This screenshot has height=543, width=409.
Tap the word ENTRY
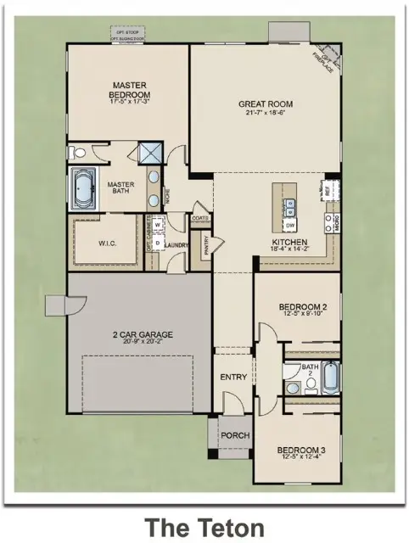[233, 377]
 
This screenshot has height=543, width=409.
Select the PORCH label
[235, 435]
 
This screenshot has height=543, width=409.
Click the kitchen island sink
[289, 204]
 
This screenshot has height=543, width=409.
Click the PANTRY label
[206, 245]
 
